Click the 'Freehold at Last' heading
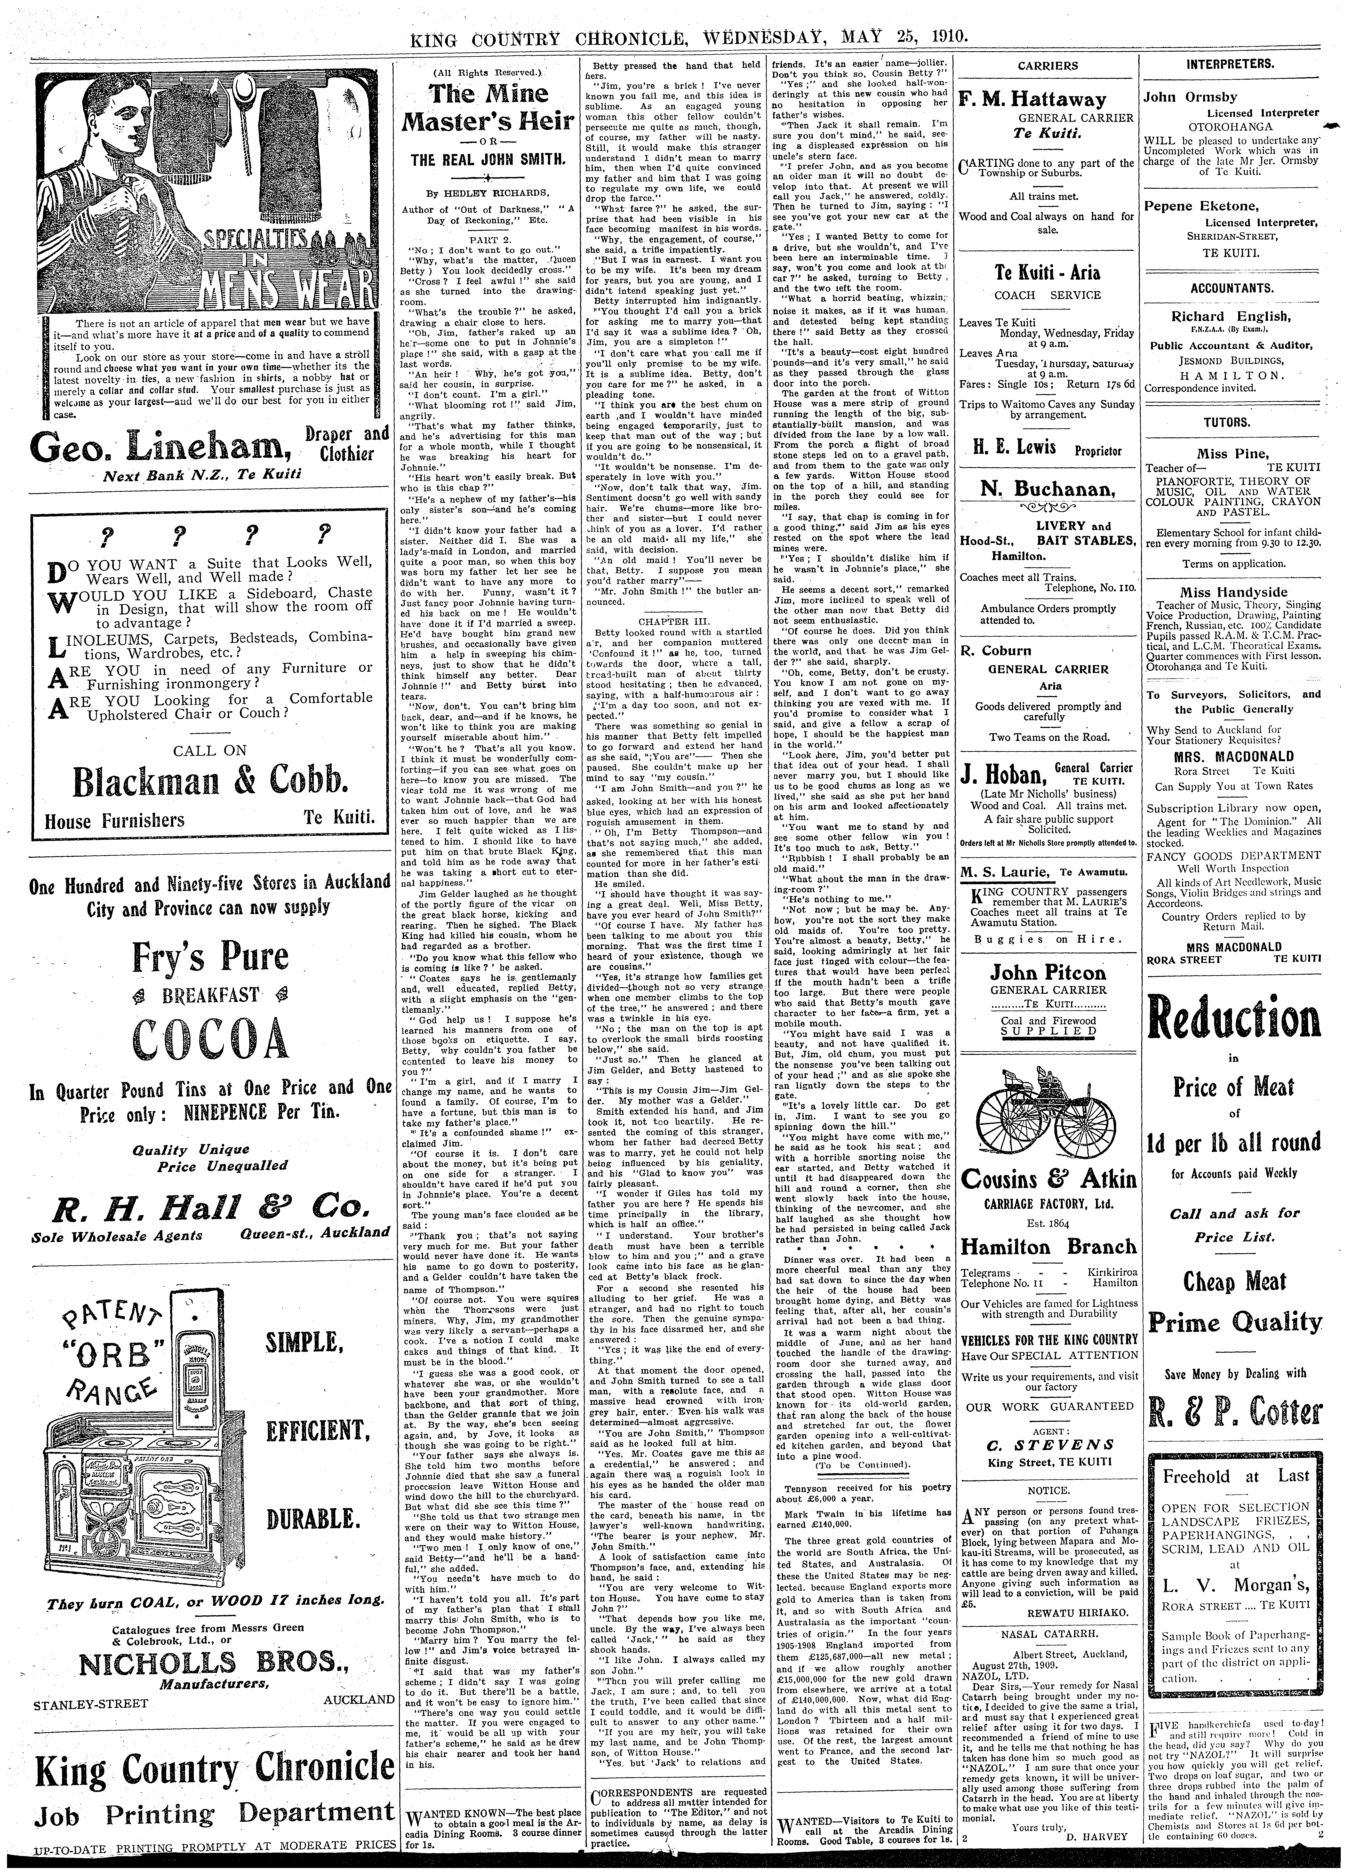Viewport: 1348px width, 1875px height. [x=1235, y=1476]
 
